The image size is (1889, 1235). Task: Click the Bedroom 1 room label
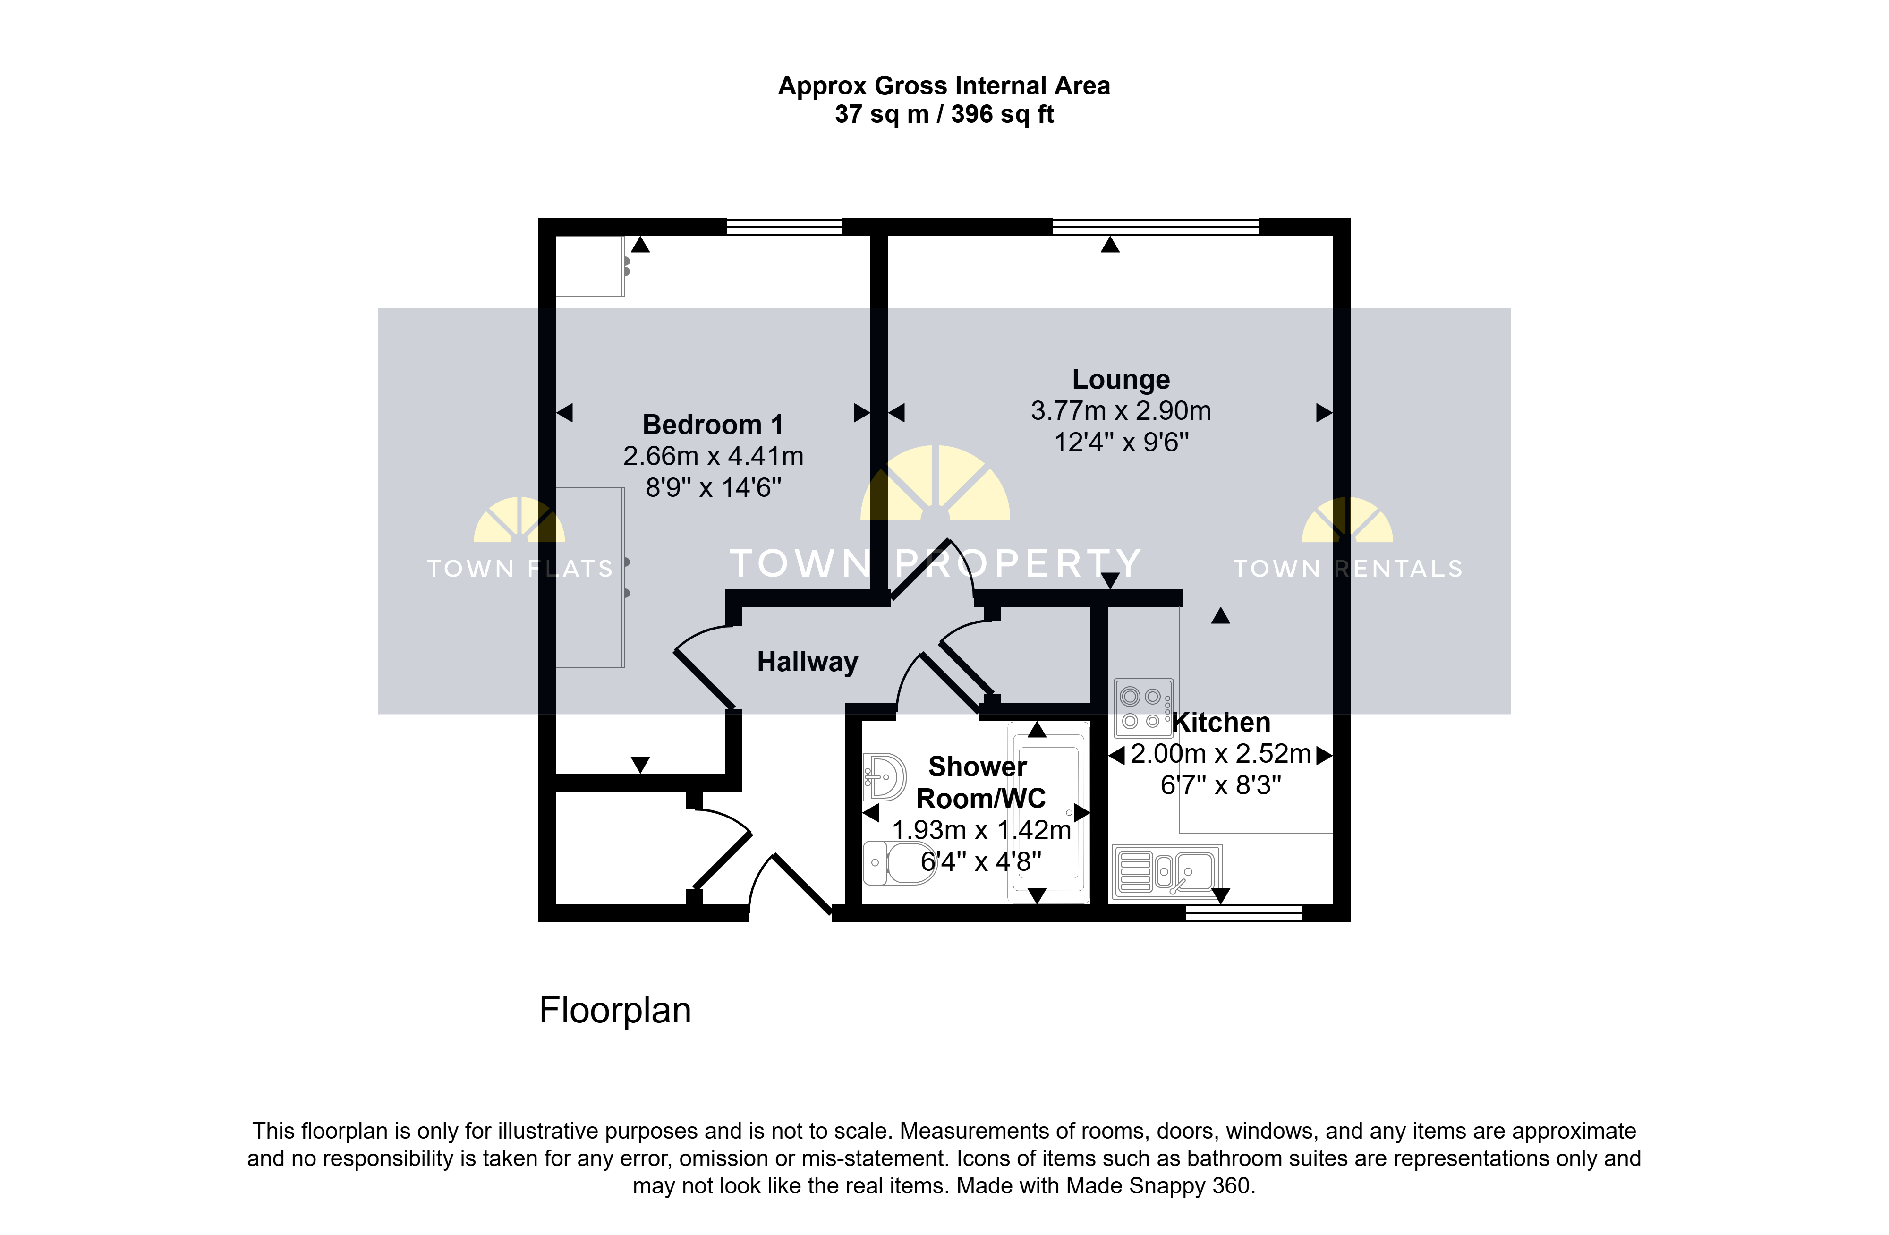pos(713,425)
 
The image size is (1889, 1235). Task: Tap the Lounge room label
pos(1121,379)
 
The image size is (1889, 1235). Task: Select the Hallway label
pos(807,662)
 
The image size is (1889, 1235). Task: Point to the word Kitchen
pos(1222,722)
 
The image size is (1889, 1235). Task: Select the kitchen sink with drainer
pos(1167,871)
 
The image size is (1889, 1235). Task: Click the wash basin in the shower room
pos(884,776)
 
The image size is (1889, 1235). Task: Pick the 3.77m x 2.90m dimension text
pos(1121,411)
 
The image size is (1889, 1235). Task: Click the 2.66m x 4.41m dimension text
pos(713,456)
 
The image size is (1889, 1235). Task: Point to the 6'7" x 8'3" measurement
pos(1221,785)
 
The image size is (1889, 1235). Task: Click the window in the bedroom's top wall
pos(784,227)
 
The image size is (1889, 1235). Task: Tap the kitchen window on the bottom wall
pos(1244,913)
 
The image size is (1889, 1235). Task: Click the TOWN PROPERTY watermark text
pos(935,563)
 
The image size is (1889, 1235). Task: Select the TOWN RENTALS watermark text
pos(1348,568)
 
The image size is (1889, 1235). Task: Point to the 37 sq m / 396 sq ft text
pos(944,114)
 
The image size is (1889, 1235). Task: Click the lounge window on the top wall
pos(1156,227)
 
